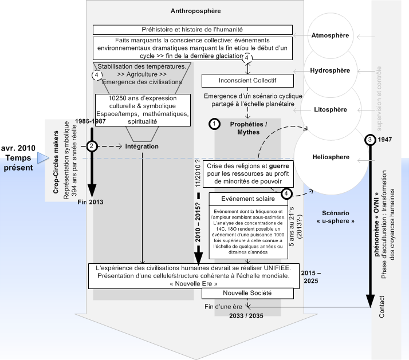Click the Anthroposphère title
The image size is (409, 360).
195,11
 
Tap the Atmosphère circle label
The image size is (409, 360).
329,36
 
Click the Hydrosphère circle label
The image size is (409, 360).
329,72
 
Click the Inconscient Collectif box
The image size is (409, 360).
247,81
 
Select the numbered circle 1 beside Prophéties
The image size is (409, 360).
215,124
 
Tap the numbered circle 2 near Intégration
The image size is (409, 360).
92,147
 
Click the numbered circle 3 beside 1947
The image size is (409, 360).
372,140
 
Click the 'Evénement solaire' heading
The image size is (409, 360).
247,198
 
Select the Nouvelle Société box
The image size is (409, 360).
247,293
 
